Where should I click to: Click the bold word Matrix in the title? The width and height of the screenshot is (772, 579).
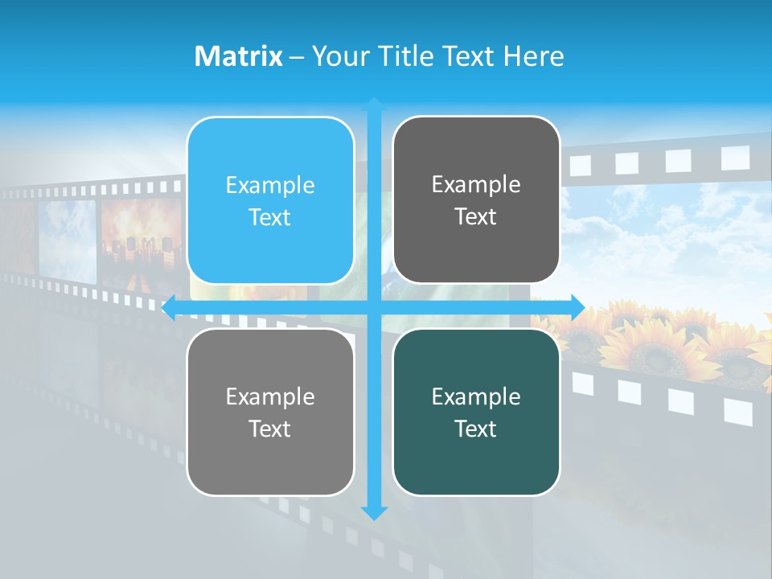(239, 56)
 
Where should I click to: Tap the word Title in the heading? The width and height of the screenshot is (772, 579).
(407, 56)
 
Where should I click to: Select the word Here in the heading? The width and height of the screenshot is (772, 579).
(533, 56)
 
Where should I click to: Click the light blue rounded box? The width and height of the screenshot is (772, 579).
(270, 201)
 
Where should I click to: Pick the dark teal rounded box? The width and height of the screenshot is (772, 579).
(476, 412)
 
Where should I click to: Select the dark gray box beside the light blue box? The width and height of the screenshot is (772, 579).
(476, 199)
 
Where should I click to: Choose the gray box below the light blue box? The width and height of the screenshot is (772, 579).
(270, 412)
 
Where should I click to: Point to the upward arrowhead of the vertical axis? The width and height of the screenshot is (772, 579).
(374, 104)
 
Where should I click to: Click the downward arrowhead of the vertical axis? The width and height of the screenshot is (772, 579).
(374, 512)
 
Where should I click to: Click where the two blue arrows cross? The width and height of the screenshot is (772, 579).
(374, 307)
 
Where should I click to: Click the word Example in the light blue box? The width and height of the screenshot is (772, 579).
(270, 186)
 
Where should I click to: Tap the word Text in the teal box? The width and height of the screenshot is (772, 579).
(476, 429)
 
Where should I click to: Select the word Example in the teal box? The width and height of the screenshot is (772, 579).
(476, 396)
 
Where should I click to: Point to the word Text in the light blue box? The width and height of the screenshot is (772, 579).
(270, 218)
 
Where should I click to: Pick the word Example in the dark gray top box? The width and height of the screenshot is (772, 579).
(476, 184)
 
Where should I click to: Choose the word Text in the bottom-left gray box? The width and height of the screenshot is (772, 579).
(270, 429)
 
